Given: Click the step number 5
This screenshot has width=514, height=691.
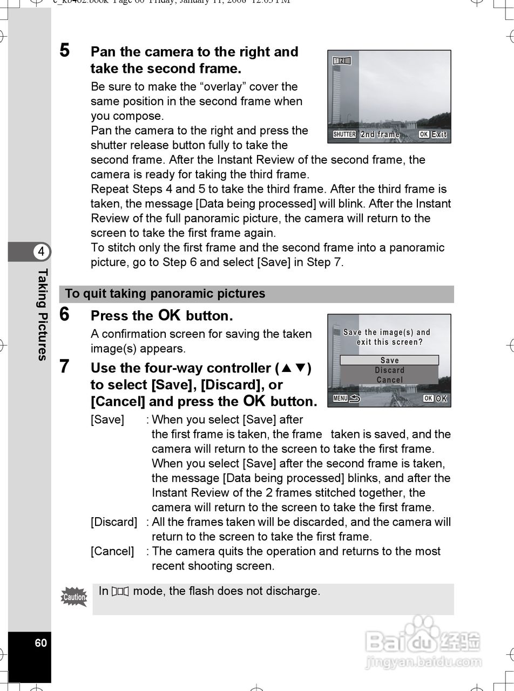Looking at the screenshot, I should pos(65,51).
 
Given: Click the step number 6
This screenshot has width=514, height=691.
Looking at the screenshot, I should pos(65,314).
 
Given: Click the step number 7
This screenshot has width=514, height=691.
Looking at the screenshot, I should pos(65,367).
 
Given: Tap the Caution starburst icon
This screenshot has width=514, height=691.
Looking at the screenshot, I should pos(74,597).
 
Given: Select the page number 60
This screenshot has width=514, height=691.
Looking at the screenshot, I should pos(41,643).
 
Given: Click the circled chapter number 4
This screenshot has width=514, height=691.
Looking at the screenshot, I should pos(41,252).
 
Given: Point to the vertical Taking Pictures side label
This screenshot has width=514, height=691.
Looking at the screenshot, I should pos(42,314).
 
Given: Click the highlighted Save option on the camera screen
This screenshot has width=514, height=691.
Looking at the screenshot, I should pos(389,360).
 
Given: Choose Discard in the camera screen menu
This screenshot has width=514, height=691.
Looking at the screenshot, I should pos(389,370).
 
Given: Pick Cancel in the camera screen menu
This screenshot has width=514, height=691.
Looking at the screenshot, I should pos(389,380).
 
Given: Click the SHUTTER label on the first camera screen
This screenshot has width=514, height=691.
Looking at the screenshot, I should pos(344,134).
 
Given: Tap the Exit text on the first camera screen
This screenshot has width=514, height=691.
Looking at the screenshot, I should pos(439,134).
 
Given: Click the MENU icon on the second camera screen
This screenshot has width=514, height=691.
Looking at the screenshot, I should pos(341,398).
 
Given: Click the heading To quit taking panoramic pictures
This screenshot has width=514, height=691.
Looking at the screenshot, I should pos(165,294).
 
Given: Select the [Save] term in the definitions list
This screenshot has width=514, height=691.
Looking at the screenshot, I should pos(107,419).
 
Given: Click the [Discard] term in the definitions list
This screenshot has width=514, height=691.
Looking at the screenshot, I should pos(114,522).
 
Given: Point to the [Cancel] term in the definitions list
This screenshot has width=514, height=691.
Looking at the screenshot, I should pos(112,551).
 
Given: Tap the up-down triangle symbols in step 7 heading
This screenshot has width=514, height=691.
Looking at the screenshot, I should pos(293,368).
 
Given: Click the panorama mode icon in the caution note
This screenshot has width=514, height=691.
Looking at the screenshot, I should pos(120,592).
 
